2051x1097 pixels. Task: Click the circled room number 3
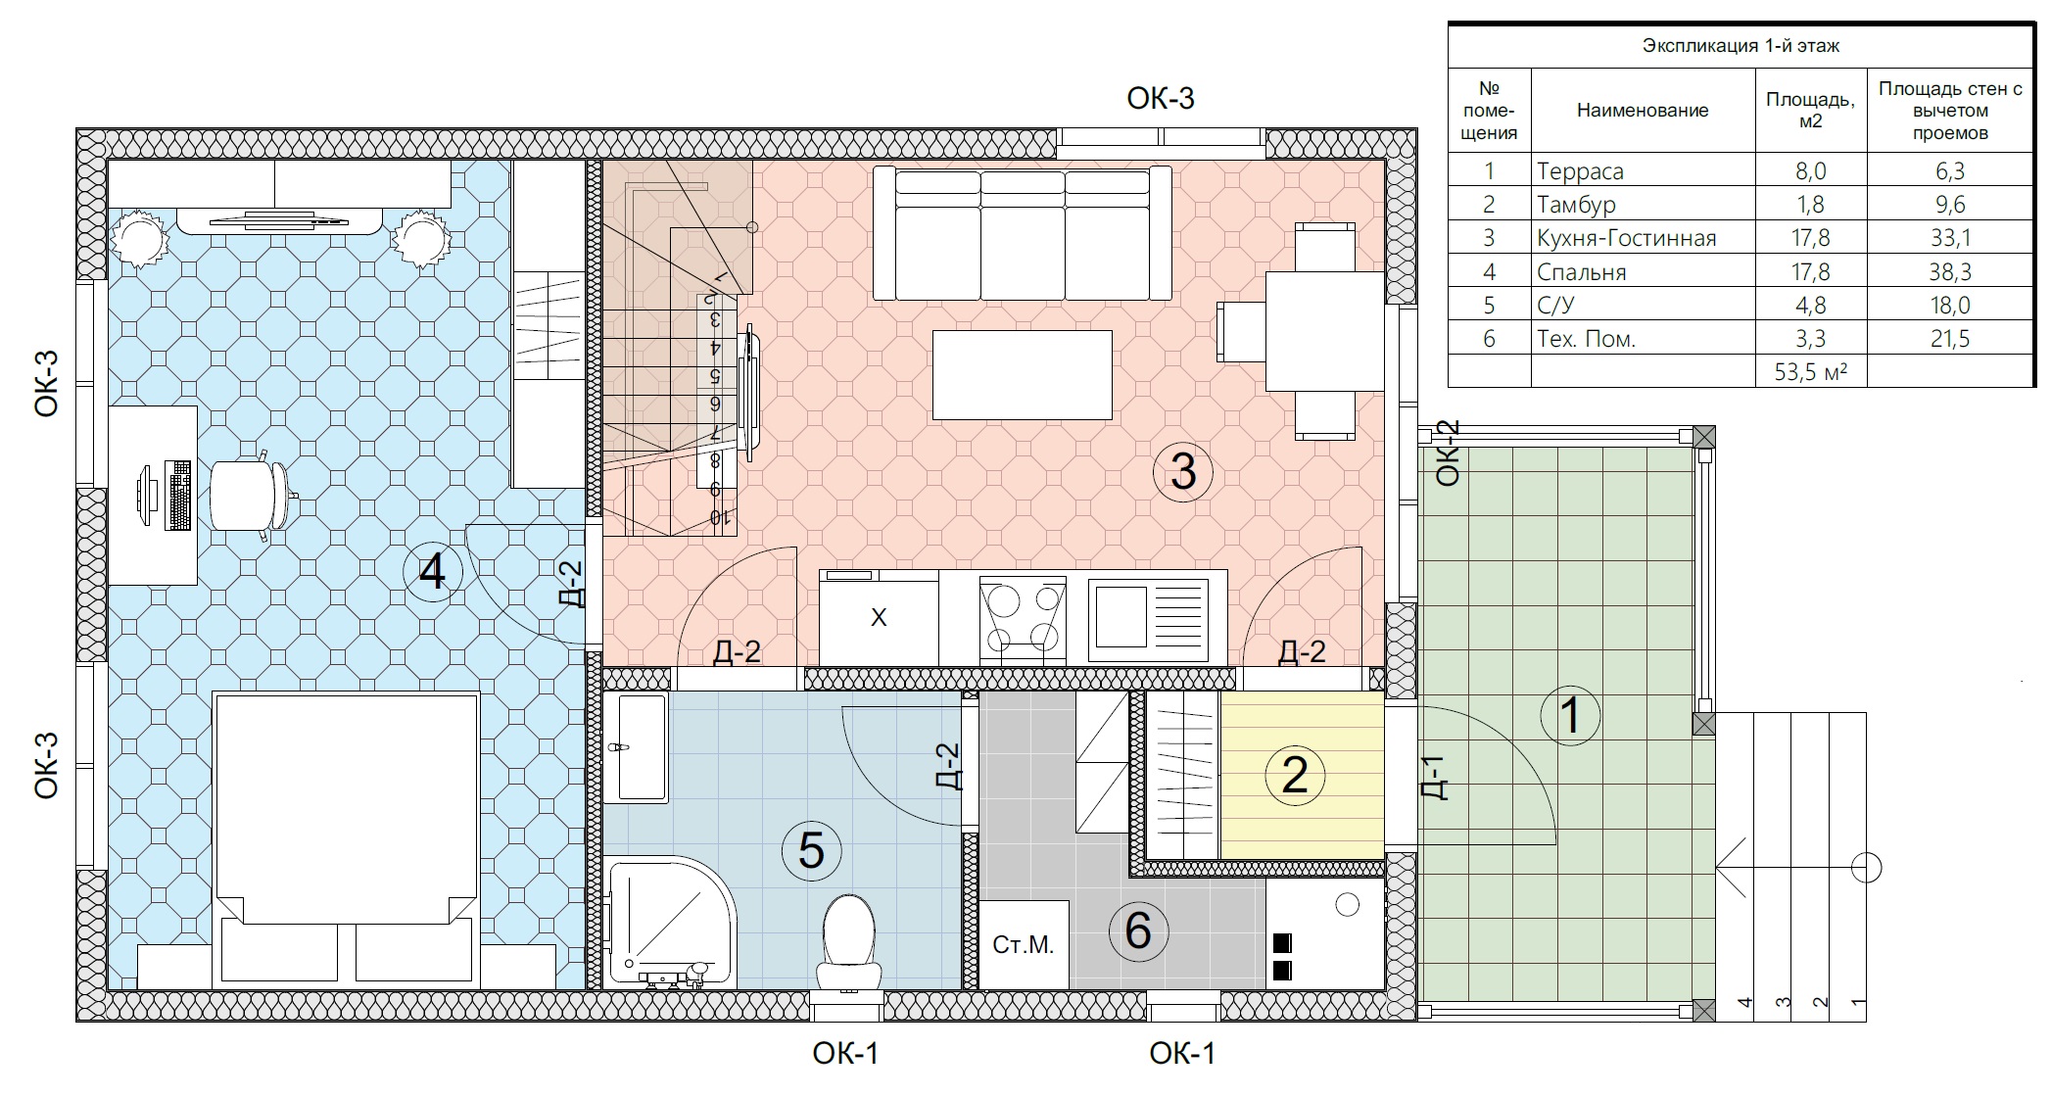pos(1183,471)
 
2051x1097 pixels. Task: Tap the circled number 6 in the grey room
pos(1138,930)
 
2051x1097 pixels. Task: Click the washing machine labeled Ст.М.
pos(1024,944)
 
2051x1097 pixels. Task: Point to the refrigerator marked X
pos(879,618)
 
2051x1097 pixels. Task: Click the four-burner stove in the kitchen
pos(1023,617)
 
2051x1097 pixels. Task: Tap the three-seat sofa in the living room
pos(1023,233)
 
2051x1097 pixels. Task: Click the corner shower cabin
pos(671,923)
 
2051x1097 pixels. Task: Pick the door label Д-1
pos(1433,778)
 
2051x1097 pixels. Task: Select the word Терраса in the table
pos(1580,171)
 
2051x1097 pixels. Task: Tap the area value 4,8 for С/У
pos(1810,306)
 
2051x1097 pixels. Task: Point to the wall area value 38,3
pos(1949,272)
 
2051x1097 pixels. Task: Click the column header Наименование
pos(1643,111)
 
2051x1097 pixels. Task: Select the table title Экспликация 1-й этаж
pos(1741,46)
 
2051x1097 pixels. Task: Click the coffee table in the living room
pos(1022,375)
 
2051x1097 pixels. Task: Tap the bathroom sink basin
pos(635,747)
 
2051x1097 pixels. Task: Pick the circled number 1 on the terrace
pos(1570,715)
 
